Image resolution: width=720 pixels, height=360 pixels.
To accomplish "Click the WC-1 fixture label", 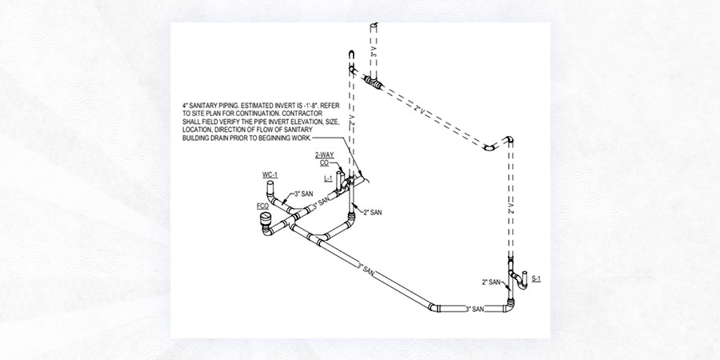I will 270,175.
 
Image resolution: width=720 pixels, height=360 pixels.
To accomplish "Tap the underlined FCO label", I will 262,206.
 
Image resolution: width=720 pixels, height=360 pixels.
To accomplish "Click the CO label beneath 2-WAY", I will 324,163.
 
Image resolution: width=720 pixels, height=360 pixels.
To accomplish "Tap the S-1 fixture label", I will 537,279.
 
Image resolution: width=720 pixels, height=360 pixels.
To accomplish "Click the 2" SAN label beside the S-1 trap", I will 491,282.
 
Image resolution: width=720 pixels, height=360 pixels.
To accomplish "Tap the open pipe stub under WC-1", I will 270,192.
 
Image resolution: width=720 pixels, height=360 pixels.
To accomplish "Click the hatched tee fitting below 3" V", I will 374,82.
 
